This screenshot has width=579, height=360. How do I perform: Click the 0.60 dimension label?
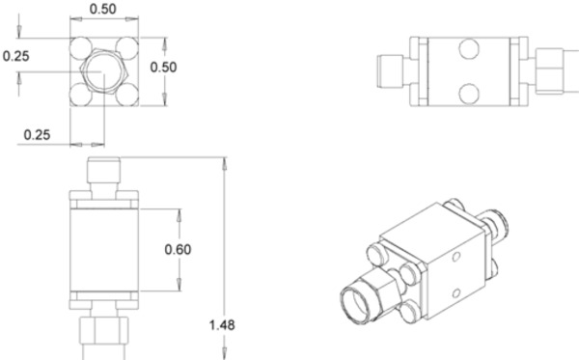coord(178,248)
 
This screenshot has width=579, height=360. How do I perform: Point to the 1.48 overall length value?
coord(223,323)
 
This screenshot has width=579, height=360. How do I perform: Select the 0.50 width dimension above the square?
coord(104,10)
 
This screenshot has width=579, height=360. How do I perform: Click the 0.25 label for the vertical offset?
coord(16,55)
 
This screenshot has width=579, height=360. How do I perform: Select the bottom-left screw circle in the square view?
coord(81,93)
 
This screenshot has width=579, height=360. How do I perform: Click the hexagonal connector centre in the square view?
coord(104,70)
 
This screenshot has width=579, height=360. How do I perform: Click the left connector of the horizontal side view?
coord(390,69)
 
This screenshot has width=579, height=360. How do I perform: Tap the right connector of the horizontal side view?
coord(550,69)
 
